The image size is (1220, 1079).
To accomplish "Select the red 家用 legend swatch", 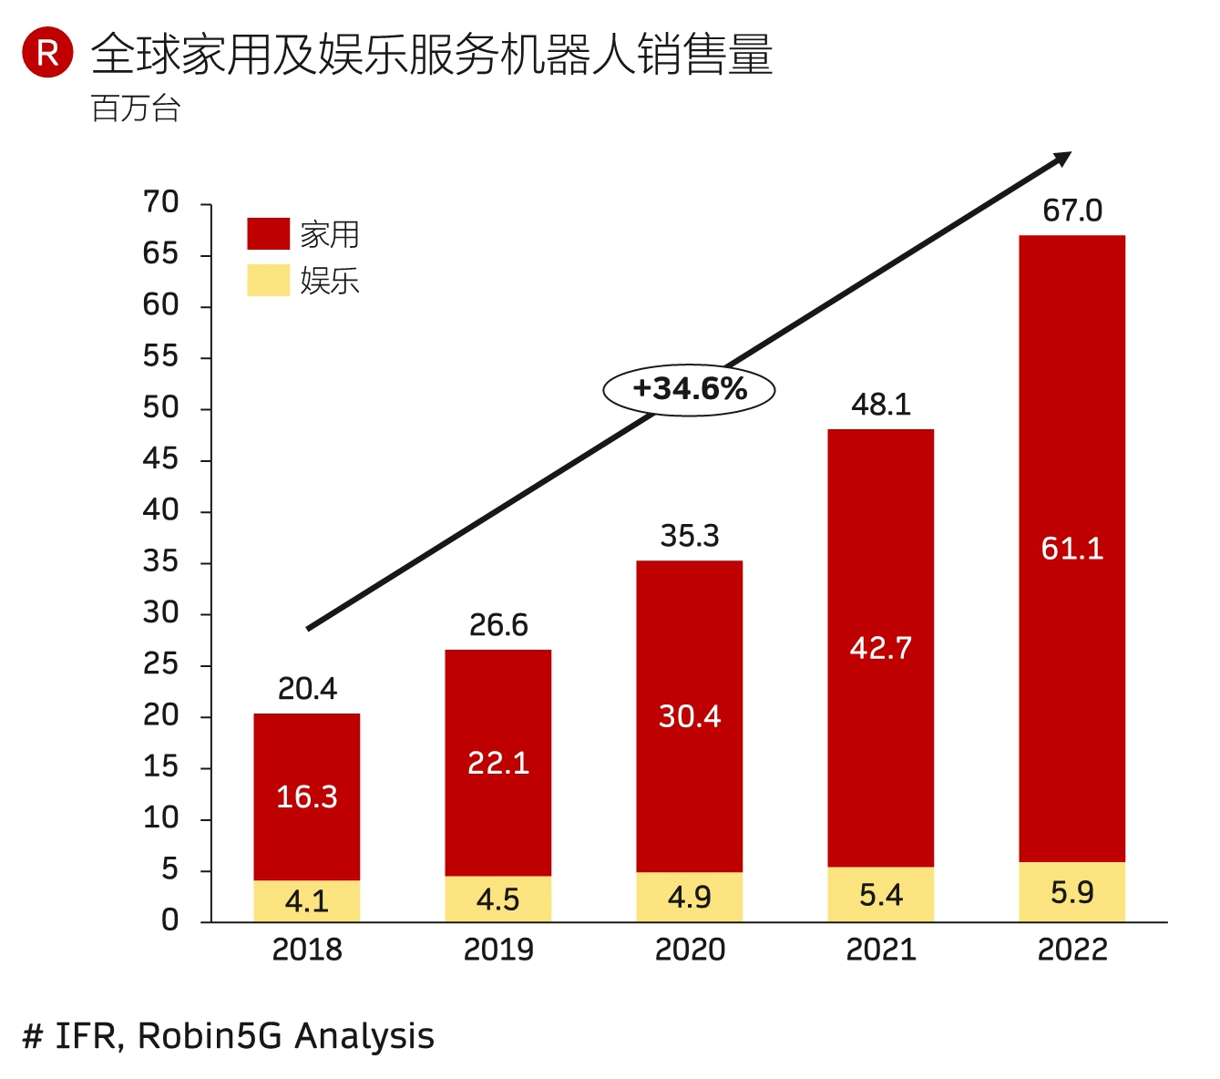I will [x=268, y=233].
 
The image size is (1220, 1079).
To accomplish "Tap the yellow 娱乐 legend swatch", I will [x=268, y=280].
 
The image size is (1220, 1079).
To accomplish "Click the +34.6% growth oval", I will [x=689, y=390].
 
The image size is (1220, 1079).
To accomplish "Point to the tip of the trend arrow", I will [x=1070, y=154].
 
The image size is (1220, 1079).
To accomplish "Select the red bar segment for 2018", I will [x=307, y=796].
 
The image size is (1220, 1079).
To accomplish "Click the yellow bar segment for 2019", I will [x=498, y=899].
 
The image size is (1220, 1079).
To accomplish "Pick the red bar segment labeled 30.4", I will [x=690, y=716].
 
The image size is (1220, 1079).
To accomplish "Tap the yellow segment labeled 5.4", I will [x=881, y=895].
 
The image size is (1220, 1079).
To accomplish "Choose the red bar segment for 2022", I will [x=1072, y=549].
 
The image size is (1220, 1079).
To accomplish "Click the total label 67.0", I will [x=1072, y=211].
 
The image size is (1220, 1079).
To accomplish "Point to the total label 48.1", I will [x=881, y=405].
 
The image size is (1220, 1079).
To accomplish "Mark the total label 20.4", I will [x=307, y=689].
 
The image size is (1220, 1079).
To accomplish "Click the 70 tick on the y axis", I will [x=161, y=202].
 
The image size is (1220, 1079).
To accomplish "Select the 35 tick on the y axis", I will [x=161, y=561].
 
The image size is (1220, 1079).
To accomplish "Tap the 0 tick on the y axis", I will [x=170, y=920].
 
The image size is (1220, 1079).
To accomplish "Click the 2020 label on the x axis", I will [x=690, y=951].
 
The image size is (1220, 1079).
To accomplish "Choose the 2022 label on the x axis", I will [x=1072, y=951].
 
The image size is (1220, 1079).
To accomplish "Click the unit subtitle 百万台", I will [x=137, y=108].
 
